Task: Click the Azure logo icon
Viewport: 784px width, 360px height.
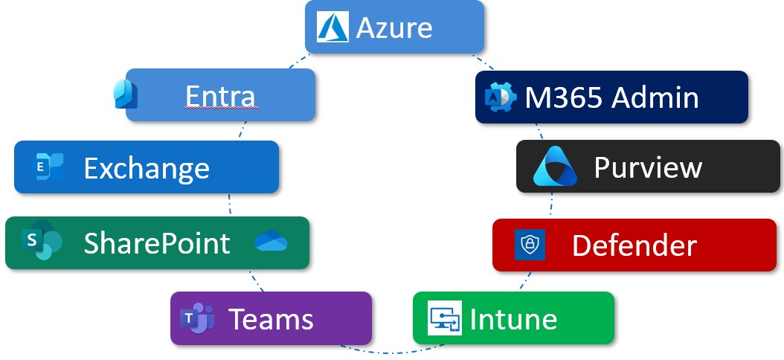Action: (333, 28)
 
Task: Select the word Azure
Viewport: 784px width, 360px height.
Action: (394, 28)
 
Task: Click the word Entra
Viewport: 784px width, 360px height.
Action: (220, 96)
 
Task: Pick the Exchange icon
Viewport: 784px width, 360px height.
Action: (49, 167)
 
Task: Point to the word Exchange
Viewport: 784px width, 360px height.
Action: (146, 168)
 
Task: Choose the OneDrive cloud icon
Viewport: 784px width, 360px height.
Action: (271, 242)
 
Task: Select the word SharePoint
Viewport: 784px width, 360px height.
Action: (157, 243)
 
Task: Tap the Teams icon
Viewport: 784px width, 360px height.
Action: (199, 319)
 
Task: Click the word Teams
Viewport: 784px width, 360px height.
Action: (271, 319)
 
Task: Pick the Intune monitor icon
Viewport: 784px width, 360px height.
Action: (446, 319)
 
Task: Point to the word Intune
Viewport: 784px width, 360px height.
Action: (513, 319)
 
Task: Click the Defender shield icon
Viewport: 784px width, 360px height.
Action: (530, 245)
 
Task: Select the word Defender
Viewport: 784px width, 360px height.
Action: (634, 245)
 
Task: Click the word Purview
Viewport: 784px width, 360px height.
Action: (648, 168)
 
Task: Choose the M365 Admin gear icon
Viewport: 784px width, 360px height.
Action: (498, 97)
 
